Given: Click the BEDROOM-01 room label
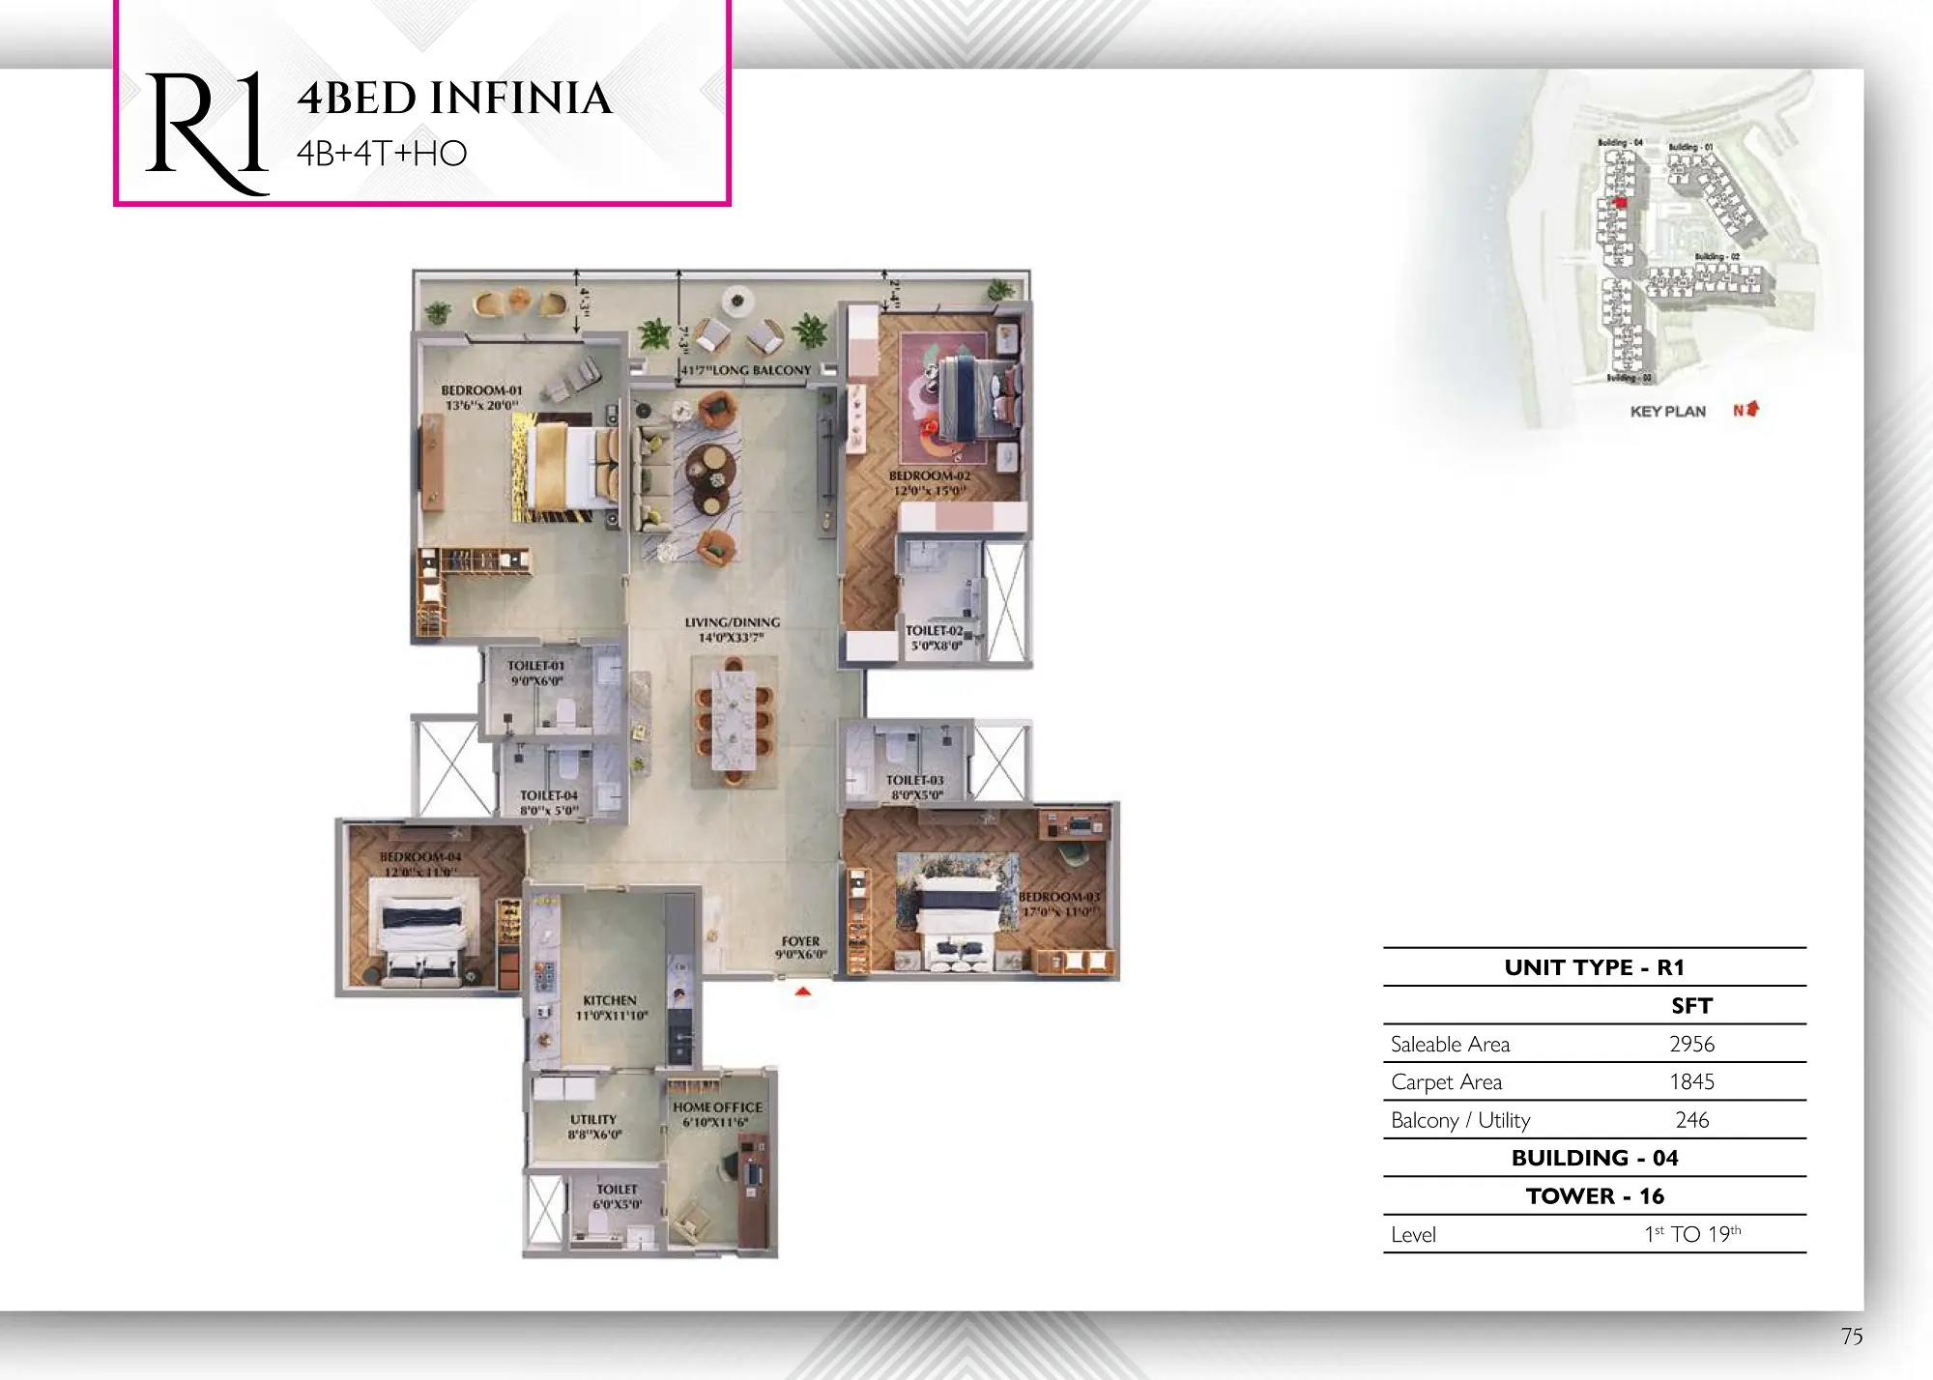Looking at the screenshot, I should [481, 390].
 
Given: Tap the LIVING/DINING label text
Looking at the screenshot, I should [732, 622].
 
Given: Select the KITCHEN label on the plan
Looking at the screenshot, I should [610, 1000].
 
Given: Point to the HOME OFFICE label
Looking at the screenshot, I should [717, 1107].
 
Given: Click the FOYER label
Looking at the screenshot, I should [800, 940].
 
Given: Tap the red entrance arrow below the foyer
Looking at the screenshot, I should [802, 992].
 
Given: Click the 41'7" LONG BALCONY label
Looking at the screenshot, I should [746, 370].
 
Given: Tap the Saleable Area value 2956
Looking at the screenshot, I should [1691, 1044].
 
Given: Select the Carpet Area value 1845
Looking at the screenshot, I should [1691, 1081].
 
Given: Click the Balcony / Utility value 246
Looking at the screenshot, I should [1691, 1120].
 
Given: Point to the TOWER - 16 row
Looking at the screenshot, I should [1595, 1196].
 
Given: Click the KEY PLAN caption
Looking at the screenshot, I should [1667, 412].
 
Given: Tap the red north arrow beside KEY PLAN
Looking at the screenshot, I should [1750, 410].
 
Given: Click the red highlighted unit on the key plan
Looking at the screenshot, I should [1622, 203].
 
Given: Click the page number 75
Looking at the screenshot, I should [1851, 1337].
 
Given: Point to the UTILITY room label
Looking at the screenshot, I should [592, 1119].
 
